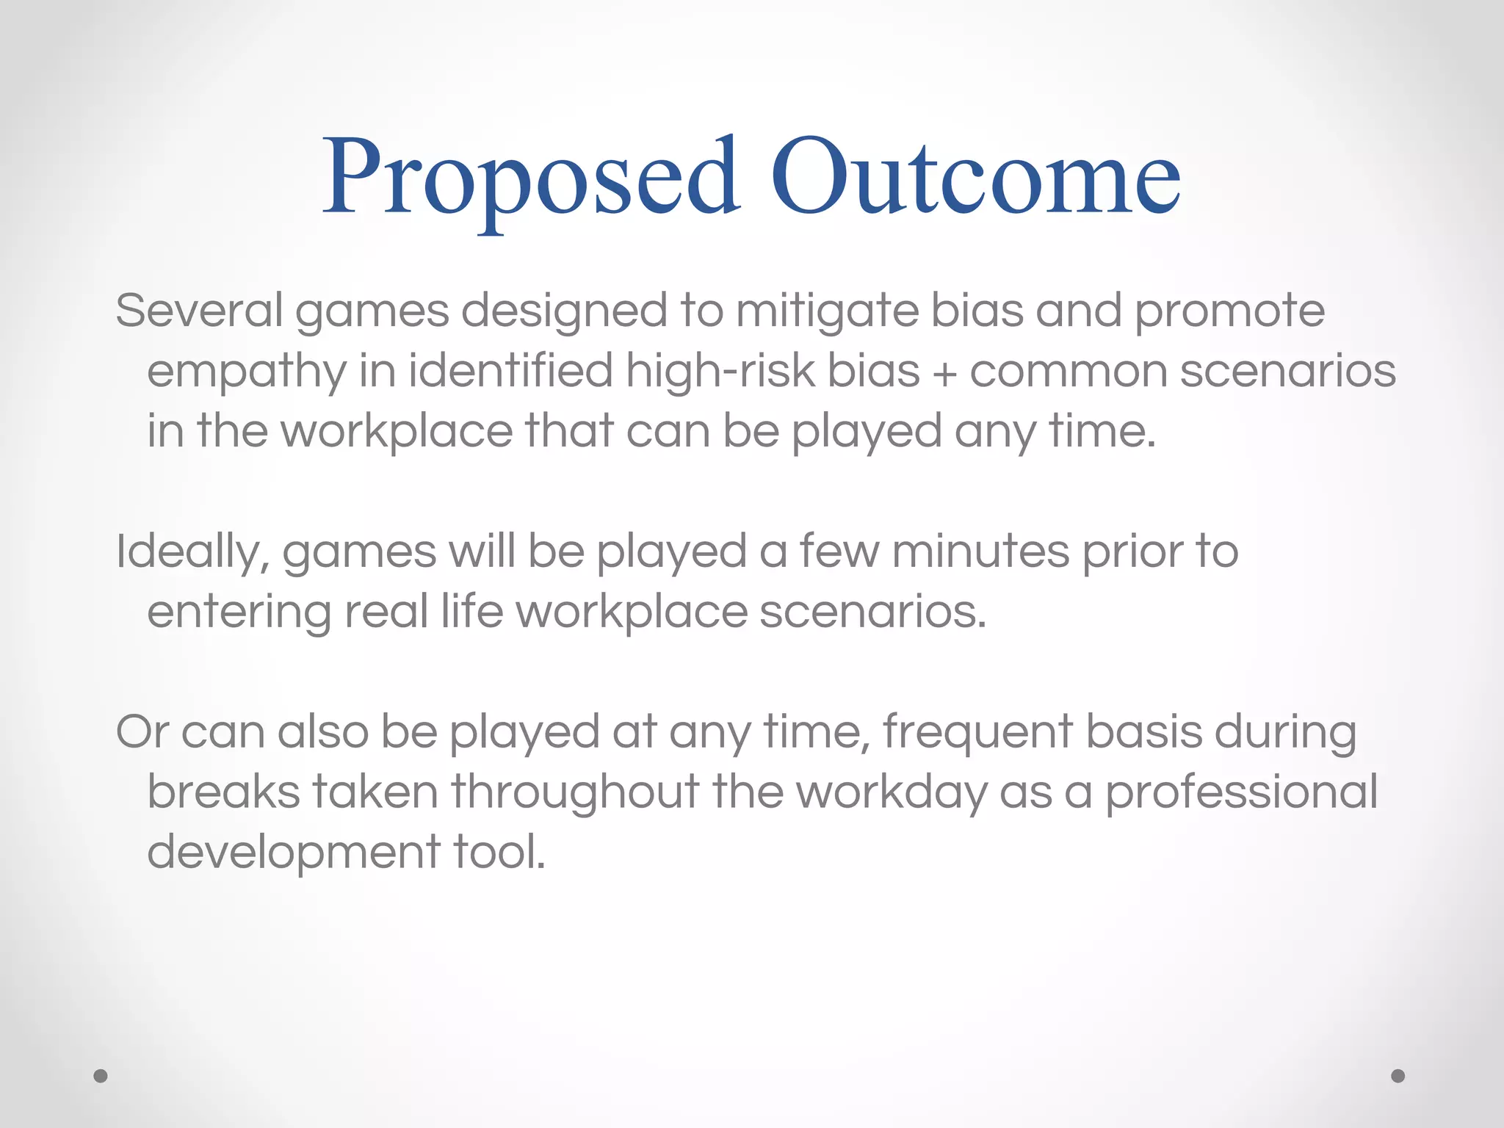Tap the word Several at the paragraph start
click(199, 311)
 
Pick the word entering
click(239, 612)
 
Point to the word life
click(471, 611)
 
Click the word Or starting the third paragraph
click(142, 732)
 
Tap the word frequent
click(977, 734)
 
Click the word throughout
click(575, 793)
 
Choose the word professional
click(1241, 793)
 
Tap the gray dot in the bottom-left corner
click(101, 1076)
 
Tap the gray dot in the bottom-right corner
click(1398, 1076)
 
